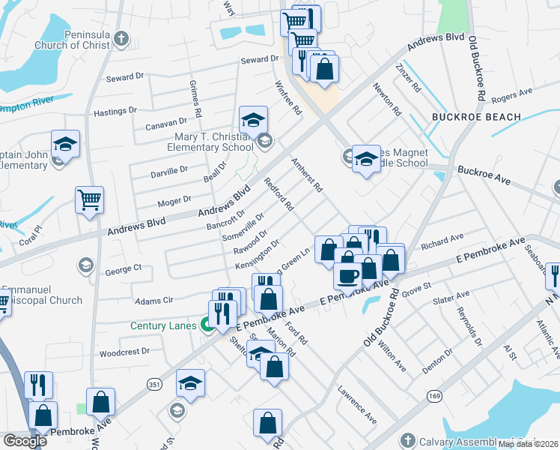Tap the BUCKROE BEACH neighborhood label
pos(476,117)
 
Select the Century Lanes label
pos(163,325)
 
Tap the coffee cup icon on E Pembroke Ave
pos(347,276)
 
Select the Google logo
pos(25,441)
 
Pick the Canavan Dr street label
pos(165,121)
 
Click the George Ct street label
pos(123,268)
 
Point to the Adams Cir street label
pos(153,300)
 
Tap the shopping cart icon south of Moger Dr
pos(89,200)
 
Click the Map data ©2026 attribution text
pos(528,444)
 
